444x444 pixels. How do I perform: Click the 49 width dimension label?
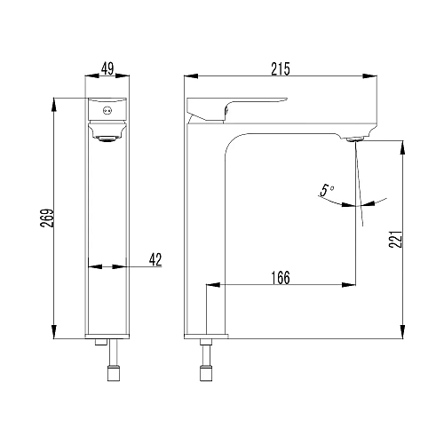pyautogui.click(x=107, y=69)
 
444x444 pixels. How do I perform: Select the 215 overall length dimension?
pyautogui.click(x=281, y=69)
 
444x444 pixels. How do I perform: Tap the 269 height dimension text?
pyautogui.click(x=47, y=218)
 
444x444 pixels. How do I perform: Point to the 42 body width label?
pyautogui.click(x=155, y=259)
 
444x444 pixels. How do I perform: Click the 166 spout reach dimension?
pyautogui.click(x=281, y=278)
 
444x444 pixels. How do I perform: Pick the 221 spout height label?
pyautogui.click(x=396, y=239)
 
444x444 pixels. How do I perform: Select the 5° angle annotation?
pyautogui.click(x=327, y=190)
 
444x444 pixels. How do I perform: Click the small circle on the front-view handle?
pyautogui.click(x=107, y=111)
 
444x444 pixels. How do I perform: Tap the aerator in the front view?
pyautogui.click(x=107, y=139)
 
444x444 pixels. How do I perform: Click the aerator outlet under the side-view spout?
pyautogui.click(x=355, y=139)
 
